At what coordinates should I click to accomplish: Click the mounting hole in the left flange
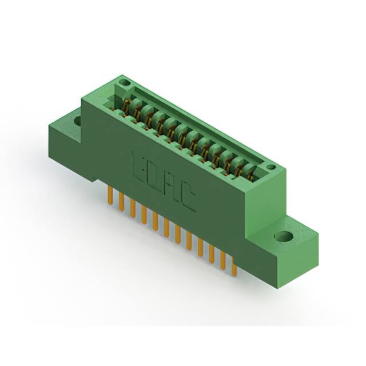click(x=76, y=121)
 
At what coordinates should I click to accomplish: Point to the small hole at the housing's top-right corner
click(x=273, y=168)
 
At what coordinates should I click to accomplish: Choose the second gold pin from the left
click(x=121, y=201)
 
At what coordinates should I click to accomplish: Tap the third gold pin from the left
click(x=133, y=208)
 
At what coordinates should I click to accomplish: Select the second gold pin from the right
click(x=223, y=260)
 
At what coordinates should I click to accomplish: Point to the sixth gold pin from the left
click(x=166, y=227)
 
